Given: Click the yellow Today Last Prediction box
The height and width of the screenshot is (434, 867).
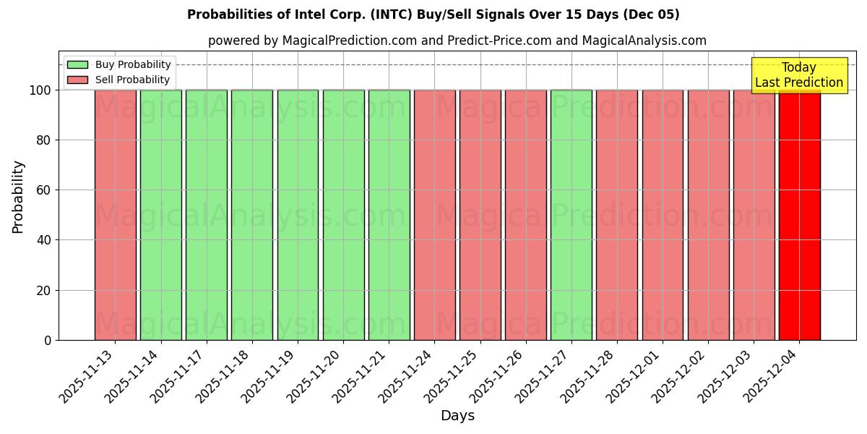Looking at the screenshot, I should coord(799,75).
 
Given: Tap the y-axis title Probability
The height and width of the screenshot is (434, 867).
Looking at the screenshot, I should coord(18,197).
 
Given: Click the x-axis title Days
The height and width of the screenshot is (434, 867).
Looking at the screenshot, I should coord(457,416).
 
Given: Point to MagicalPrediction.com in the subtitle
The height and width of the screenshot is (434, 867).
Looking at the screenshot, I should coord(349,41).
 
